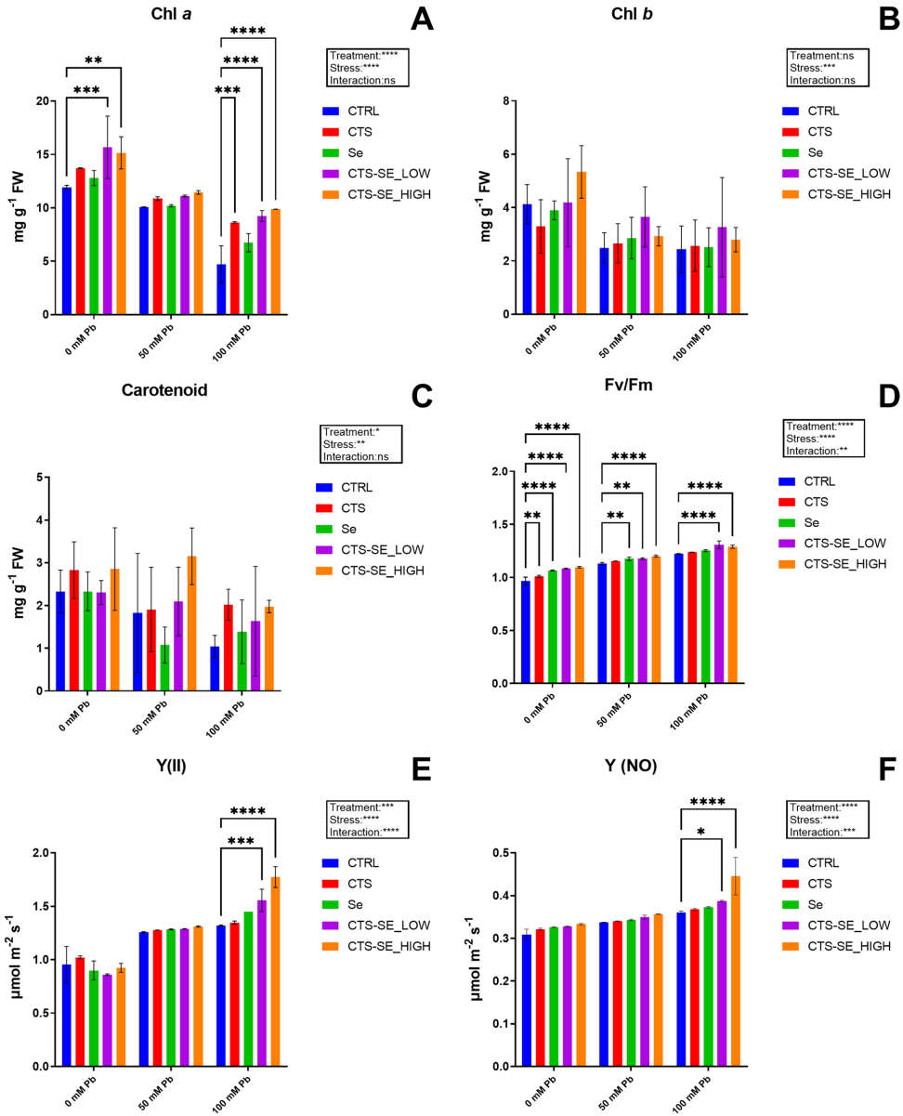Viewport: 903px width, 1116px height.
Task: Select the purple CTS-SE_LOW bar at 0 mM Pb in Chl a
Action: pos(108,232)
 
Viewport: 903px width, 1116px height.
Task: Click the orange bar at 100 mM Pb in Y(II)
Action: pos(275,976)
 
